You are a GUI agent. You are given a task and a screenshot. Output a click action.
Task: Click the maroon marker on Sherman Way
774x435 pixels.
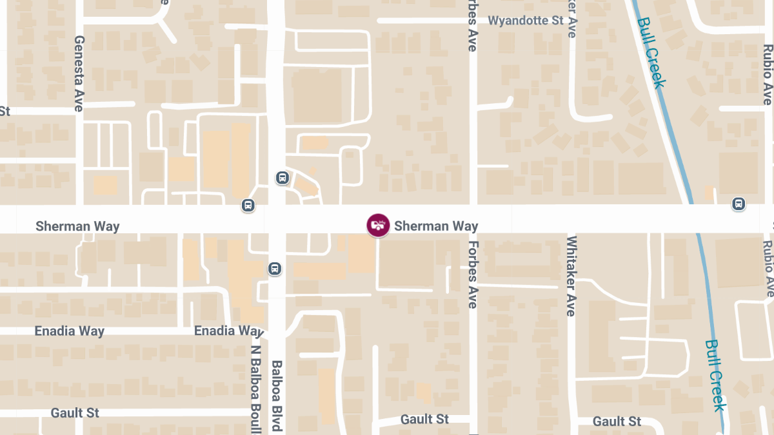coord(378,225)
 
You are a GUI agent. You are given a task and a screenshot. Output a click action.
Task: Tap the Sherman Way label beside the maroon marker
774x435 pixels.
coord(436,226)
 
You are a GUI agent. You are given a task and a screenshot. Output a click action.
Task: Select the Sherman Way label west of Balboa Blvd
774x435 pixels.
coord(77,226)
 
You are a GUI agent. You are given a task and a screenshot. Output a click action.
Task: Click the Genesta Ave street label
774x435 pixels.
coord(79,73)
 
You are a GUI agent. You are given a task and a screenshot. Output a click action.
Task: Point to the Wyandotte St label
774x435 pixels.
coord(526,21)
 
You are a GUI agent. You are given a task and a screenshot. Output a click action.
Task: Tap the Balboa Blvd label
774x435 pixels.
coord(277,395)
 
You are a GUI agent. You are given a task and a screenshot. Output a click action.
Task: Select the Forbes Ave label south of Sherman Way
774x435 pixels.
coord(473,274)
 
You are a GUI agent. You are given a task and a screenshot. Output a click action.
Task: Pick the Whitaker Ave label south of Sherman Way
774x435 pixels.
coord(571,276)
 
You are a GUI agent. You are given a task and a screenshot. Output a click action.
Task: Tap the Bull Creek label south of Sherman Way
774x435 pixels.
coord(715,375)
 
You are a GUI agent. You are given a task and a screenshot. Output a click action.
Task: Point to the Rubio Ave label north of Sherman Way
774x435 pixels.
coord(768,74)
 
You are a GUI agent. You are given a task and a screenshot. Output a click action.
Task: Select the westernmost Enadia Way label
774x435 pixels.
coord(69,331)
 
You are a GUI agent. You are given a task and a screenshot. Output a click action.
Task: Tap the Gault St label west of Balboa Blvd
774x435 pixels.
coord(75,412)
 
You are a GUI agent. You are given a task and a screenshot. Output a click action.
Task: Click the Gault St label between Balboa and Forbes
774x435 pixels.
coord(424,420)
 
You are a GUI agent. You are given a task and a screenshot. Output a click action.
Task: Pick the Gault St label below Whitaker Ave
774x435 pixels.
coord(617,421)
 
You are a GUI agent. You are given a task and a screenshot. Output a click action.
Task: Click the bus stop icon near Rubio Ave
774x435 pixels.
coord(739,204)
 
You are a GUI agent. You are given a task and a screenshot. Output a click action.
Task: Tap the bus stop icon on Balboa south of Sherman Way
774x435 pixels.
coord(275,268)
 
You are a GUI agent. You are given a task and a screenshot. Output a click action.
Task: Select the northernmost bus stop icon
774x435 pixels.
coord(282,177)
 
